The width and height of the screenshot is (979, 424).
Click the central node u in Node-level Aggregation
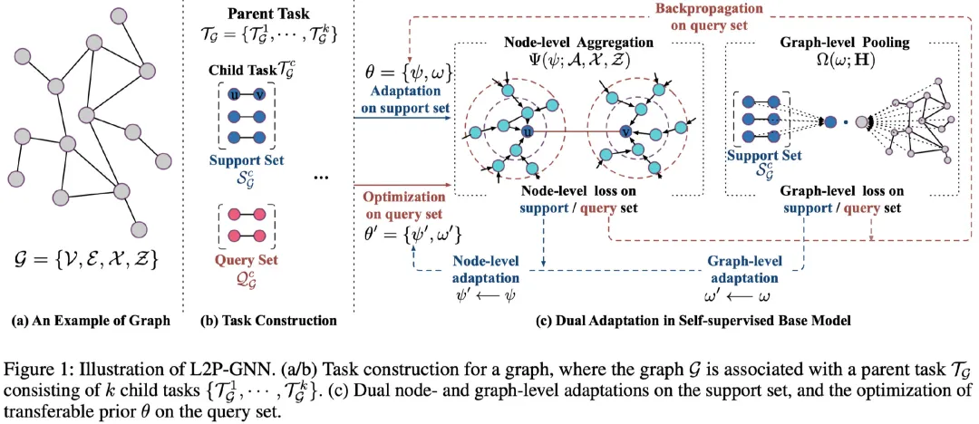point(528,131)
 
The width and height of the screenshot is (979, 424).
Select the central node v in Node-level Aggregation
point(624,131)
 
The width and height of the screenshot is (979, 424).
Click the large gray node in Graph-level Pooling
point(864,122)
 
